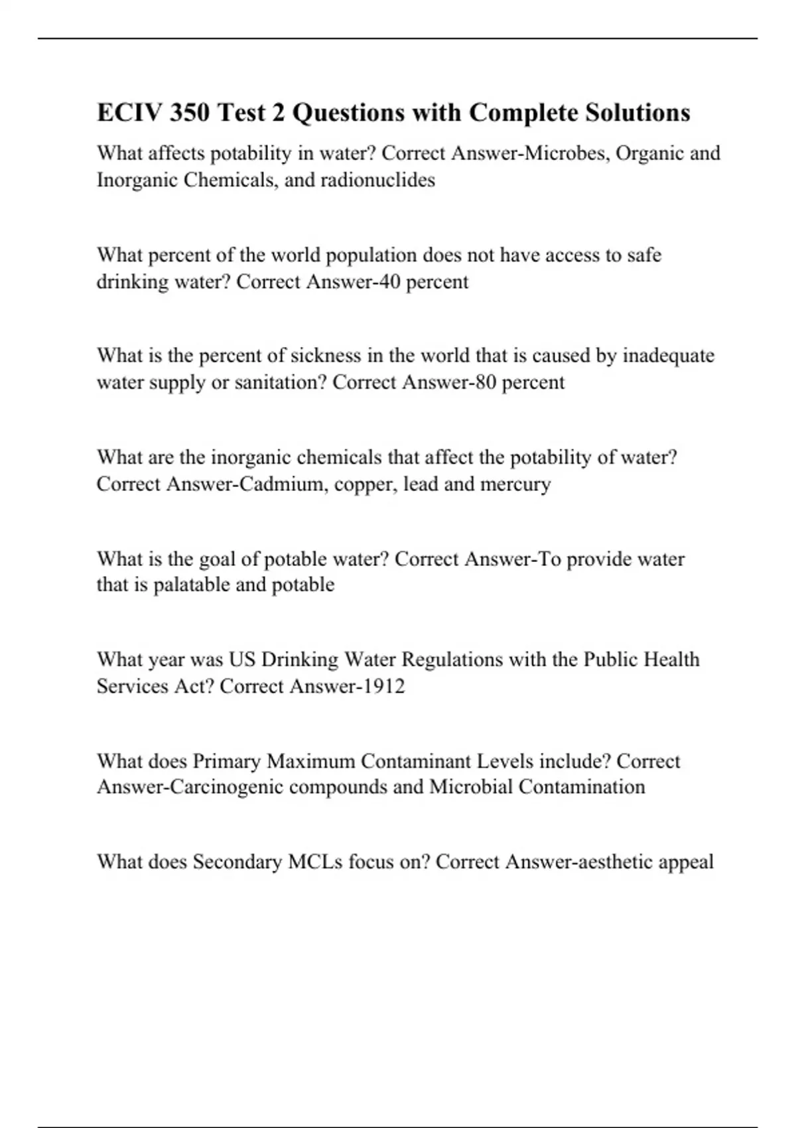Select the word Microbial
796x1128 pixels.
pos(471,786)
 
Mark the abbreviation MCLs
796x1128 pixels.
pos(315,861)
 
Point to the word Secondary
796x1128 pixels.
pos(237,861)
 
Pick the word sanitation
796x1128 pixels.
pos(280,382)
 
